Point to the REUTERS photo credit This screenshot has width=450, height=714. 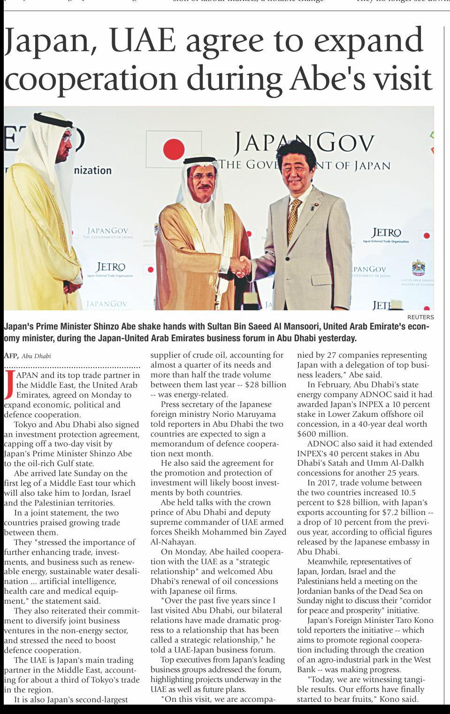[420, 317]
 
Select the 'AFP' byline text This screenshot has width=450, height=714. [10, 355]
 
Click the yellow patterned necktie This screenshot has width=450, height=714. [294, 218]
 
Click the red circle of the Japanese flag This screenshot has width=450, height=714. [174, 150]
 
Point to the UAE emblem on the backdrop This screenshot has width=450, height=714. [418, 268]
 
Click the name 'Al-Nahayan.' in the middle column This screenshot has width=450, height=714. [173, 542]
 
